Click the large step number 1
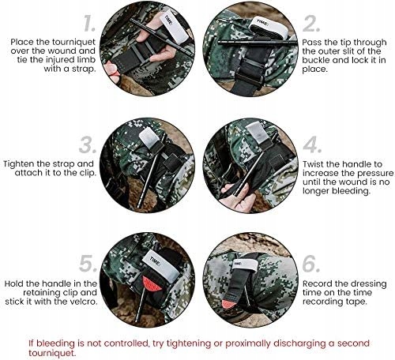click(x=89, y=23)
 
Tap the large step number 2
click(x=311, y=23)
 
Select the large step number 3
click(x=88, y=144)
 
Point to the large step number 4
click(x=312, y=144)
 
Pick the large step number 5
click(x=88, y=264)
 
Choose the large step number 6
click(x=311, y=264)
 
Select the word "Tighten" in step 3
click(x=19, y=164)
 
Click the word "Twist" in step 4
click(x=313, y=164)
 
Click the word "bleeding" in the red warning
click(x=51, y=343)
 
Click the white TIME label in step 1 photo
click(x=175, y=25)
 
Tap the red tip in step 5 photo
click(x=152, y=283)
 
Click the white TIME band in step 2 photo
click(x=269, y=28)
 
